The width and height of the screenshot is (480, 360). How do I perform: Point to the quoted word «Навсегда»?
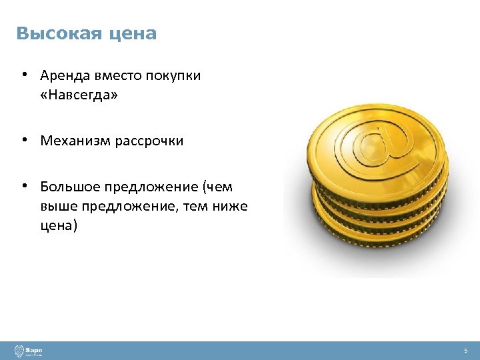click(x=79, y=95)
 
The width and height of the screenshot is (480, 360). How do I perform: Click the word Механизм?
click(x=73, y=141)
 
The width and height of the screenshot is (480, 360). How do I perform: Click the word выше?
click(x=55, y=207)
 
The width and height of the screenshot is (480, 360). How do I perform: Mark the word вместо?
click(x=118, y=76)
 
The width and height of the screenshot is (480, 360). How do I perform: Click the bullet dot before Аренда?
click(x=23, y=75)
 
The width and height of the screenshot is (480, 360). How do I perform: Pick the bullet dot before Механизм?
click(x=23, y=140)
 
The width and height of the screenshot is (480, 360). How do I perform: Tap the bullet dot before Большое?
click(x=23, y=185)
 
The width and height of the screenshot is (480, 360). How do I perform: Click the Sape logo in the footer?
click(x=29, y=351)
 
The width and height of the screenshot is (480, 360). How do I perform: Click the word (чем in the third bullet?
click(x=218, y=187)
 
